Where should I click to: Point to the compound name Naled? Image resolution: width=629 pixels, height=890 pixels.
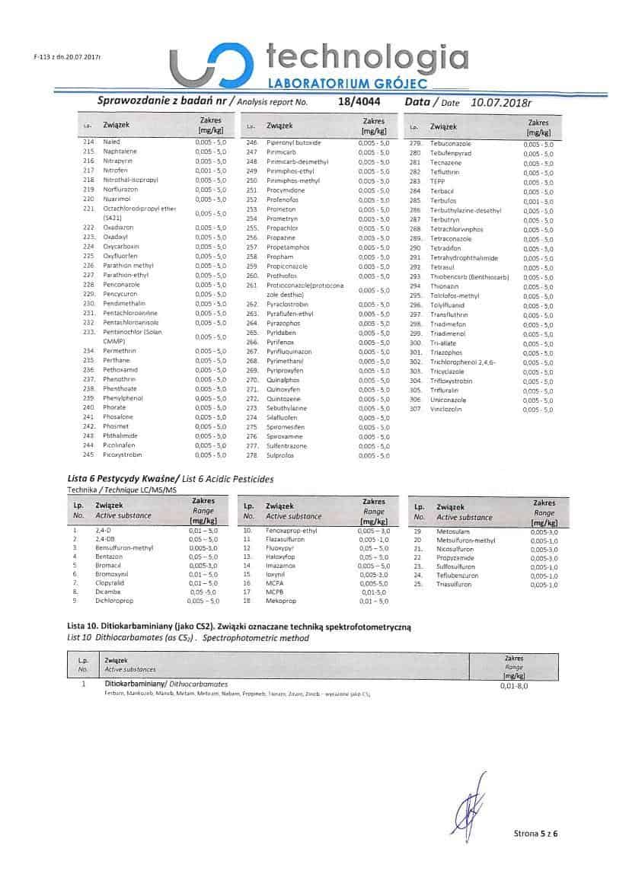(112, 142)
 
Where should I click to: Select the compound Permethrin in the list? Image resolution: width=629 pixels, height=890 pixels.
(120, 351)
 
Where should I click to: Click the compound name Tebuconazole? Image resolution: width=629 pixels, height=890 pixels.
(451, 143)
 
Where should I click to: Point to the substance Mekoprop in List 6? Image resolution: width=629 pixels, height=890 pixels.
(280, 601)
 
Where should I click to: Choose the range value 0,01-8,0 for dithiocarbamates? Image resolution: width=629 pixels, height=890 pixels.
(514, 687)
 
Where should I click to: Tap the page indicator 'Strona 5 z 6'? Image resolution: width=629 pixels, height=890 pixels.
(536, 834)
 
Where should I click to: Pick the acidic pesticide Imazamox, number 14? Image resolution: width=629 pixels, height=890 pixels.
(279, 566)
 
